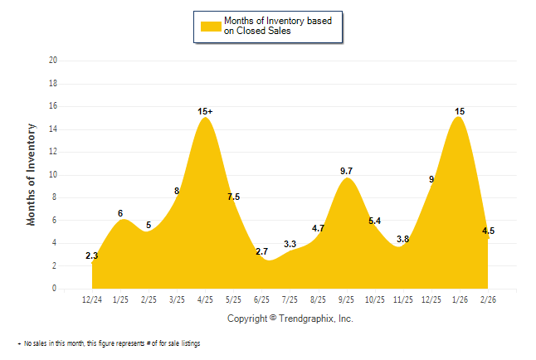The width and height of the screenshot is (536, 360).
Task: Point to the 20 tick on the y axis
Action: tap(54, 61)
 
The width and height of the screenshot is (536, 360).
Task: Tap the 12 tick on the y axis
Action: tap(54, 152)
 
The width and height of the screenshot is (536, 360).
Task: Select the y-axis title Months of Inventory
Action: tap(32, 174)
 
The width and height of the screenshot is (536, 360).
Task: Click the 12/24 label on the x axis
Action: tap(92, 299)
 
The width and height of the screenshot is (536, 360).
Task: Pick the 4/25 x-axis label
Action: tap(205, 299)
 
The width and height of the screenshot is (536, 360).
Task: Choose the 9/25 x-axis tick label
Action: tap(347, 299)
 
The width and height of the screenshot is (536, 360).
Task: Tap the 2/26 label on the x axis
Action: tap(487, 299)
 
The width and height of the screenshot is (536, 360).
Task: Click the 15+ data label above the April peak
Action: tap(206, 111)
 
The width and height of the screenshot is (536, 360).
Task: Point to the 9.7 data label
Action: tap(347, 171)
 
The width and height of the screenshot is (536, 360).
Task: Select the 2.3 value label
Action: tap(92, 256)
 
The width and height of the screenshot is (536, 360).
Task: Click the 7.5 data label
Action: tap(234, 197)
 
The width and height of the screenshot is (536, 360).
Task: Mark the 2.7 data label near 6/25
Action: tap(262, 251)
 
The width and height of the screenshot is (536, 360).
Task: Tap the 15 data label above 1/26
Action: tap(459, 111)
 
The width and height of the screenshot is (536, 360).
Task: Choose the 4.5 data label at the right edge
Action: tap(489, 231)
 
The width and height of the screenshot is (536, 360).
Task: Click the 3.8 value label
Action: tap(403, 239)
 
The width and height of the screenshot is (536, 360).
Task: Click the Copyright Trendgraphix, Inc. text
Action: tap(290, 319)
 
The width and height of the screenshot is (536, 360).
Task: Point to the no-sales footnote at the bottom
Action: tap(110, 343)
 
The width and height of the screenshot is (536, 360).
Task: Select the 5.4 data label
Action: tap(374, 221)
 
